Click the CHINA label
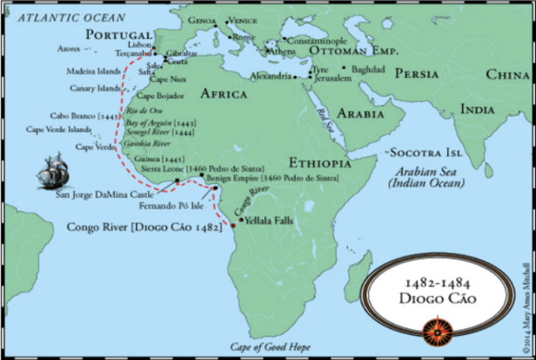(508, 75)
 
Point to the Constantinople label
(316, 40)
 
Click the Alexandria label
(271, 76)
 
